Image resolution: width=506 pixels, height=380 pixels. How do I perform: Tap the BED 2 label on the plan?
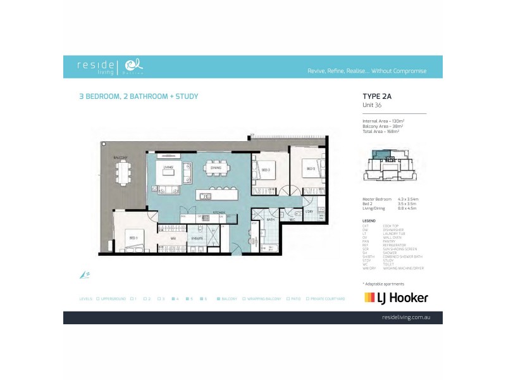pos(311,169)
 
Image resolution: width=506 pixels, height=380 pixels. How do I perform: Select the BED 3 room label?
pos(267,170)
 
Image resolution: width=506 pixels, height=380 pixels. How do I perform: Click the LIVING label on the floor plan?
pos(168,168)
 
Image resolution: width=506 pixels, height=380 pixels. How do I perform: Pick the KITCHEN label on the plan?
pos(218,212)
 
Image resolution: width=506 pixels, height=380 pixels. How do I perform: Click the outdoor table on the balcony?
pos(123,171)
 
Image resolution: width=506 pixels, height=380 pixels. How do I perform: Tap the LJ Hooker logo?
pos(396,298)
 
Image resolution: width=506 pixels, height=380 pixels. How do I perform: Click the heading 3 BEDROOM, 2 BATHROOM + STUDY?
pos(137,97)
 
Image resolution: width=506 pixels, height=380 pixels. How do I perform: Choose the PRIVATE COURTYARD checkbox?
pos(307,298)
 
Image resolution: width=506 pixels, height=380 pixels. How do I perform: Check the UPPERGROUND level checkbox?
pos(97,298)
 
